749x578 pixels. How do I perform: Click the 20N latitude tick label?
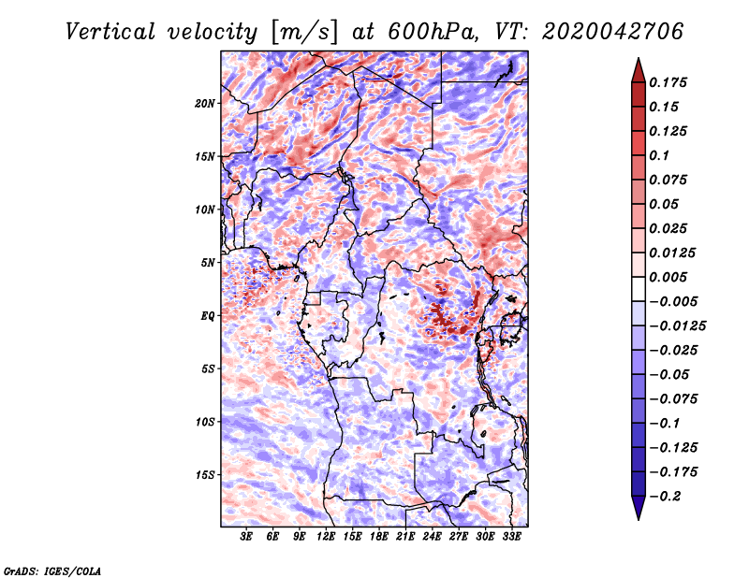[x=205, y=103]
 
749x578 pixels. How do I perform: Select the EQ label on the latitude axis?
[x=208, y=316]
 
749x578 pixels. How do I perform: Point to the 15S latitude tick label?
[x=205, y=475]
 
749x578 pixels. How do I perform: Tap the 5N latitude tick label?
[x=208, y=263]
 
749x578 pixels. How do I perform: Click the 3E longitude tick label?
[x=247, y=537]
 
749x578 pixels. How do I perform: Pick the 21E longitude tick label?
[x=405, y=537]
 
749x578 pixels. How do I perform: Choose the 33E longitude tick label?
[x=511, y=537]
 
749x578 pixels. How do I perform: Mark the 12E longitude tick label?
[x=327, y=537]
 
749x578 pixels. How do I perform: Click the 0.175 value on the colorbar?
[x=671, y=82]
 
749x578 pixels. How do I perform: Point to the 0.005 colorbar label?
[x=671, y=277]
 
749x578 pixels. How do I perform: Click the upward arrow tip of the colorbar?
[x=638, y=61]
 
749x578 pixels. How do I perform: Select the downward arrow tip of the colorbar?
[x=638, y=517]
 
